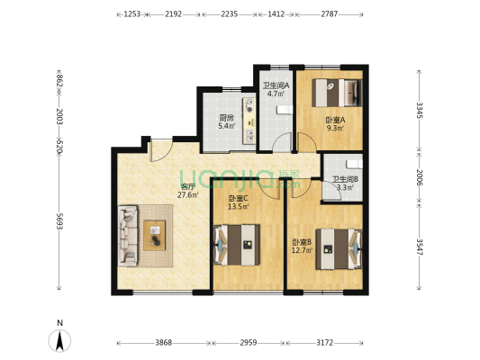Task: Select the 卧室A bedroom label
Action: coord(335,120)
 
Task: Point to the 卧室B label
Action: coord(302,242)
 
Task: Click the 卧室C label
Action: coord(239,198)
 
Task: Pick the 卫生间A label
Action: coord(276,85)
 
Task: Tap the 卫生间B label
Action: coord(345,179)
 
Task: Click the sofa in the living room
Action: coord(128,236)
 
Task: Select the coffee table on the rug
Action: coord(155,235)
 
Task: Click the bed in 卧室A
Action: coord(337,93)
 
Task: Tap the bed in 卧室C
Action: coord(237,245)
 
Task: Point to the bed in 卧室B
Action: coord(339,249)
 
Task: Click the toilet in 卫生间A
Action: coord(285,110)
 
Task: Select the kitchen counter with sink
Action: coord(249,121)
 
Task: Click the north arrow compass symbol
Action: coord(59,340)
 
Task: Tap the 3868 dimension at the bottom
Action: coord(164,343)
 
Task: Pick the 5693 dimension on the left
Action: coord(59,221)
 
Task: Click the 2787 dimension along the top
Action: coord(330,14)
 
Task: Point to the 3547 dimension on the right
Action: coord(419,247)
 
